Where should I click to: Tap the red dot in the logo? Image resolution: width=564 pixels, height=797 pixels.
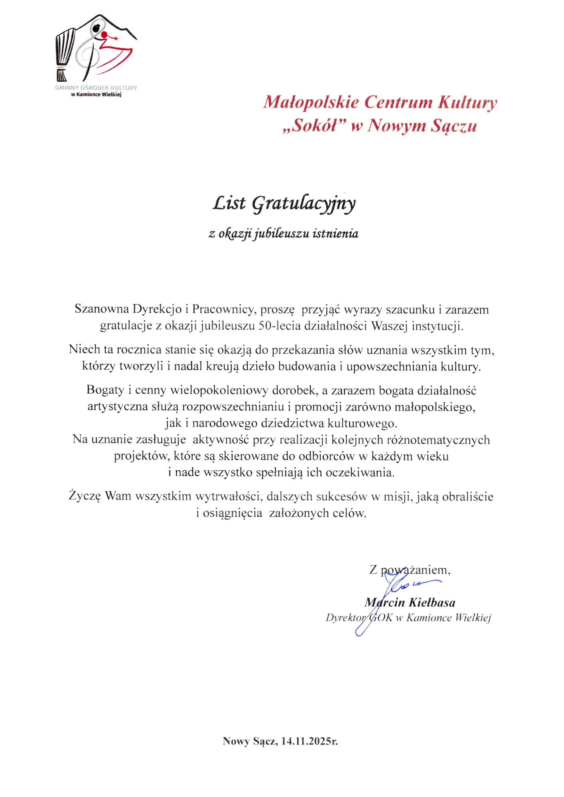pyautogui.click(x=105, y=35)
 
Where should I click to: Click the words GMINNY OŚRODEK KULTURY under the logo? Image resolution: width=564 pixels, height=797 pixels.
pyautogui.click(x=96, y=88)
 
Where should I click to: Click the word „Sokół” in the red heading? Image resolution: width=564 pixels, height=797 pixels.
pyautogui.click(x=314, y=126)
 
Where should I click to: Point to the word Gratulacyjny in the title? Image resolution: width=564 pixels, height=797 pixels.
pyautogui.click(x=304, y=204)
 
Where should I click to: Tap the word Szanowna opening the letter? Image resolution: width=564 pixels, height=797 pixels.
pyautogui.click(x=102, y=309)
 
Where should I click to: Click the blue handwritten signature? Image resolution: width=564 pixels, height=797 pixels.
pyautogui.click(x=399, y=590)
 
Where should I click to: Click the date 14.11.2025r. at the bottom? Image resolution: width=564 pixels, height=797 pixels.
pyautogui.click(x=310, y=741)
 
